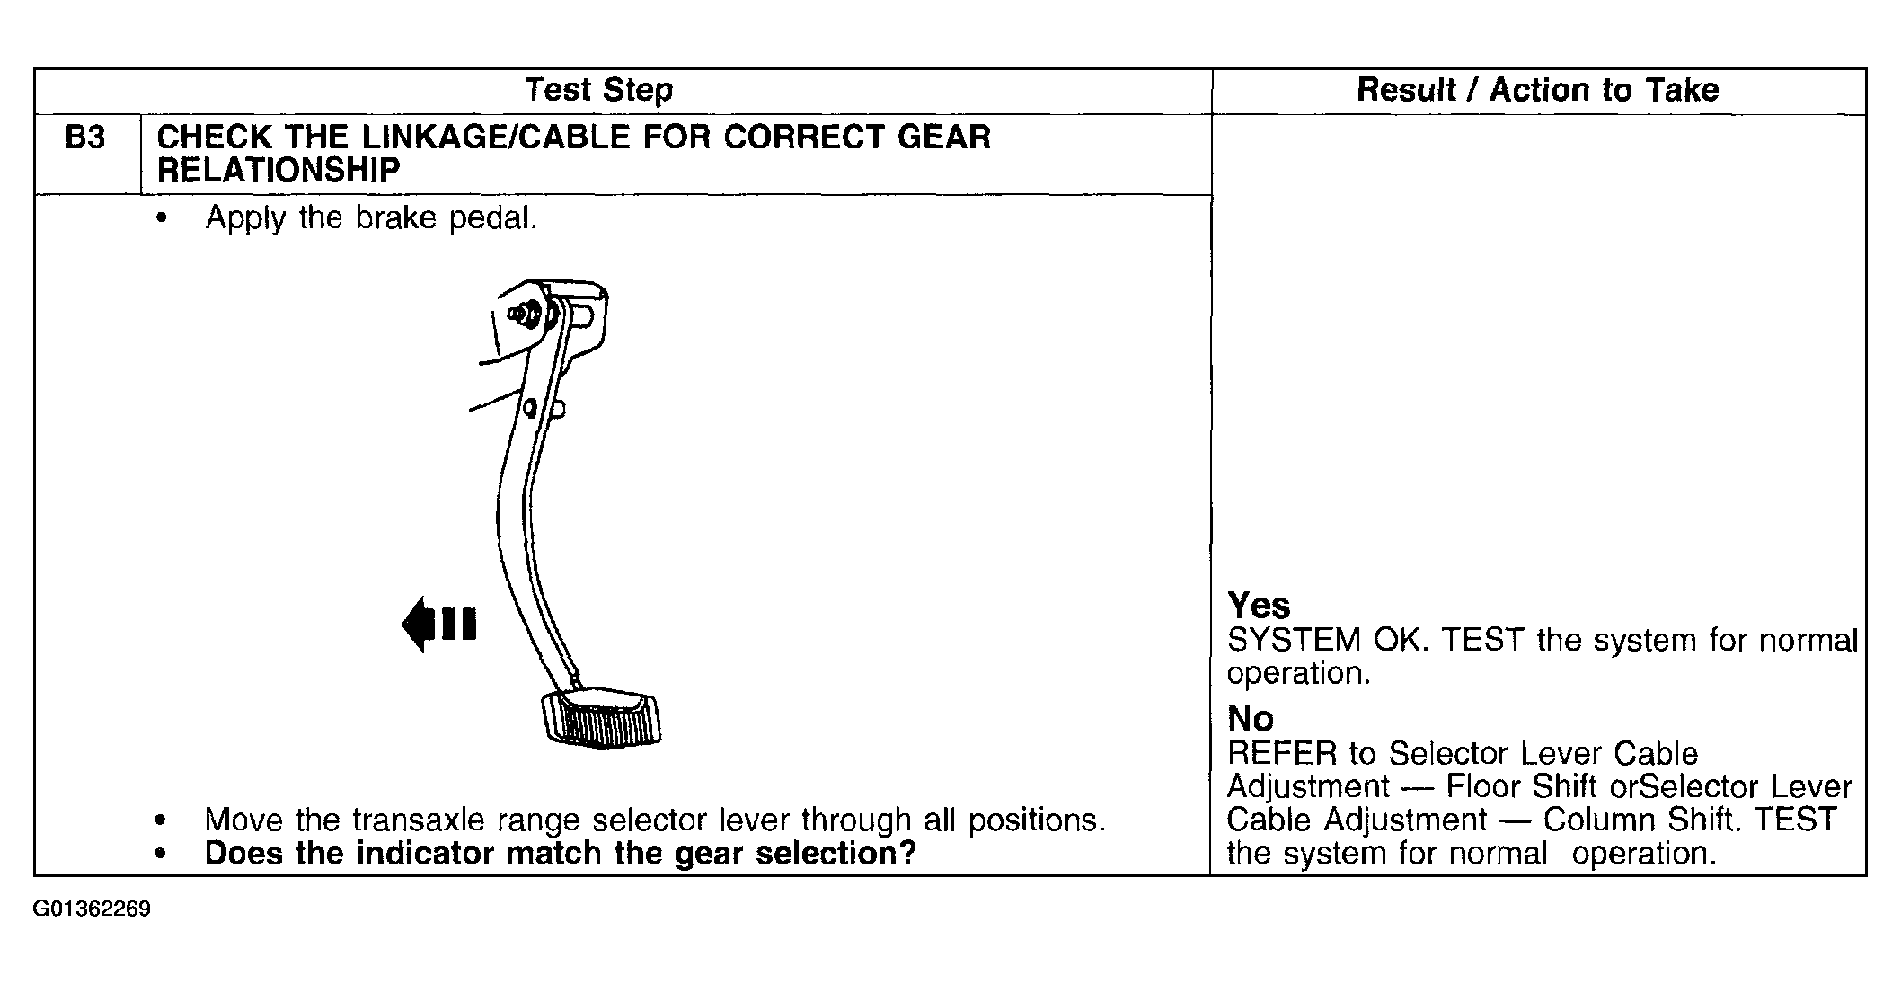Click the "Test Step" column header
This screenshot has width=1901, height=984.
point(598,90)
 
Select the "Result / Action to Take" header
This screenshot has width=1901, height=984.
point(1537,90)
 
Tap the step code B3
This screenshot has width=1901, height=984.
point(85,137)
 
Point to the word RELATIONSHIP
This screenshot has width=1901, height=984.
point(279,170)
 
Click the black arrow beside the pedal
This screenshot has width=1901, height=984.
point(439,624)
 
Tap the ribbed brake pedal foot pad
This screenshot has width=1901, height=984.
point(601,719)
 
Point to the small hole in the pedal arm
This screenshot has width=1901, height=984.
point(531,410)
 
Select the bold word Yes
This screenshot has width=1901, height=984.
point(1259,606)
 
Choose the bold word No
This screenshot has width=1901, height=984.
point(1251,719)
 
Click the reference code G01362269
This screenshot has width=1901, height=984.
point(92,909)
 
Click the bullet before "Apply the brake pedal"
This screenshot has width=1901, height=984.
point(161,218)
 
